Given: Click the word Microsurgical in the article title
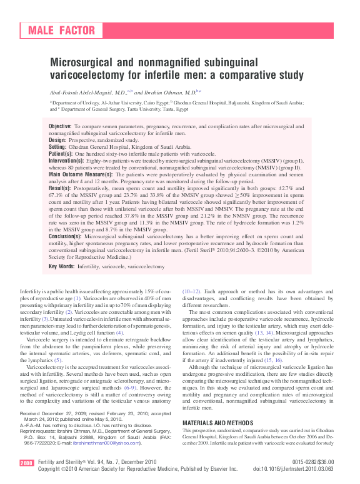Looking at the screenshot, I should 81,63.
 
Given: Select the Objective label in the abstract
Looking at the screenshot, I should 60,127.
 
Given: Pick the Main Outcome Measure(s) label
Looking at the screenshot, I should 78,174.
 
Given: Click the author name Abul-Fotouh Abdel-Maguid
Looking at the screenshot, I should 86,92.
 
